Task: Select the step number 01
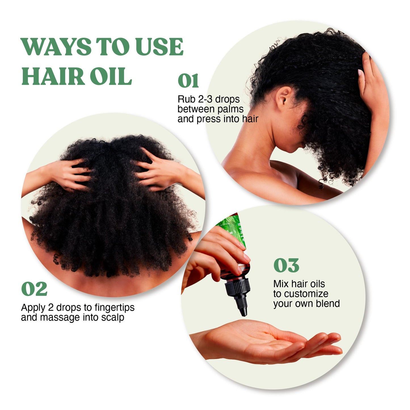(188, 81)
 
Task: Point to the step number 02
(34, 289)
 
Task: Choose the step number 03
(286, 266)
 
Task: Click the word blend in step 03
(328, 304)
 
